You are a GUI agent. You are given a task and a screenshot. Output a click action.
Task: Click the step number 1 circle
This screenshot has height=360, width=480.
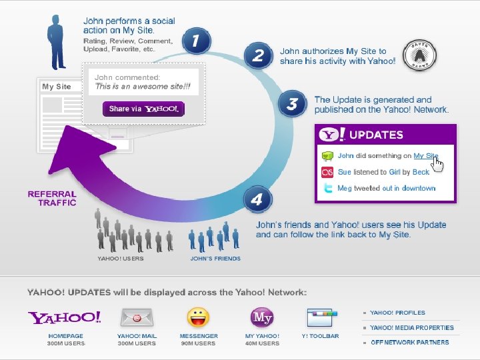click(x=195, y=41)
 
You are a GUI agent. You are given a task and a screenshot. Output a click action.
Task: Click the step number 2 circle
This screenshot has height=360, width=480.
click(x=258, y=55)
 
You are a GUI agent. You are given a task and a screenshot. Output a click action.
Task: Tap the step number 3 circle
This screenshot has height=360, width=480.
click(x=292, y=105)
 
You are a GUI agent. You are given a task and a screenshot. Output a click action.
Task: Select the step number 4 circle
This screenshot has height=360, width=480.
click(x=257, y=199)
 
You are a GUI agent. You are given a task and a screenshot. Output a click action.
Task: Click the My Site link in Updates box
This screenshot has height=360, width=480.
click(x=425, y=155)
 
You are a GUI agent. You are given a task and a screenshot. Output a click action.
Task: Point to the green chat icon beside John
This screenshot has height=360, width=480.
click(x=327, y=156)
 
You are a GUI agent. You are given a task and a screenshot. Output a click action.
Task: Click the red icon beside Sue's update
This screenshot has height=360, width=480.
click(x=327, y=172)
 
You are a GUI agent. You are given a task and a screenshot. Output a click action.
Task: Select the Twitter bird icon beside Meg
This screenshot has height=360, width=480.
click(x=327, y=189)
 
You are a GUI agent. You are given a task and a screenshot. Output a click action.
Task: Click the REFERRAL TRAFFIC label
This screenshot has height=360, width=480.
click(x=52, y=198)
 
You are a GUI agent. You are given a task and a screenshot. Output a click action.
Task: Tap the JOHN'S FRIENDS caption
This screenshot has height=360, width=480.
click(x=215, y=259)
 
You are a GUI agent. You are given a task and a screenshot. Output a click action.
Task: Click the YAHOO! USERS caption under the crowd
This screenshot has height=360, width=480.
click(x=120, y=259)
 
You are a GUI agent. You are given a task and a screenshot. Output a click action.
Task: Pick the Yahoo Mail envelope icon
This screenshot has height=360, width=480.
click(x=137, y=317)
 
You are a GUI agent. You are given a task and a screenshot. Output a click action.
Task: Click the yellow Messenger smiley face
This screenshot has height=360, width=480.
click(x=198, y=317)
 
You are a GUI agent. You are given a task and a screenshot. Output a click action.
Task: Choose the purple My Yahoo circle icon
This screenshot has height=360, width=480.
click(x=262, y=317)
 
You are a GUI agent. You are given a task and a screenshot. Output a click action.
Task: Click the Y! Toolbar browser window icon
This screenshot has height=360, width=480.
click(x=320, y=317)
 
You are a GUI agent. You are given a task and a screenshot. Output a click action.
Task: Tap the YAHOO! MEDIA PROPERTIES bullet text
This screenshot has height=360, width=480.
click(x=411, y=327)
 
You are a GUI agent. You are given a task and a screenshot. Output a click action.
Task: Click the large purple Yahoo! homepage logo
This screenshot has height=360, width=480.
click(x=65, y=317)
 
